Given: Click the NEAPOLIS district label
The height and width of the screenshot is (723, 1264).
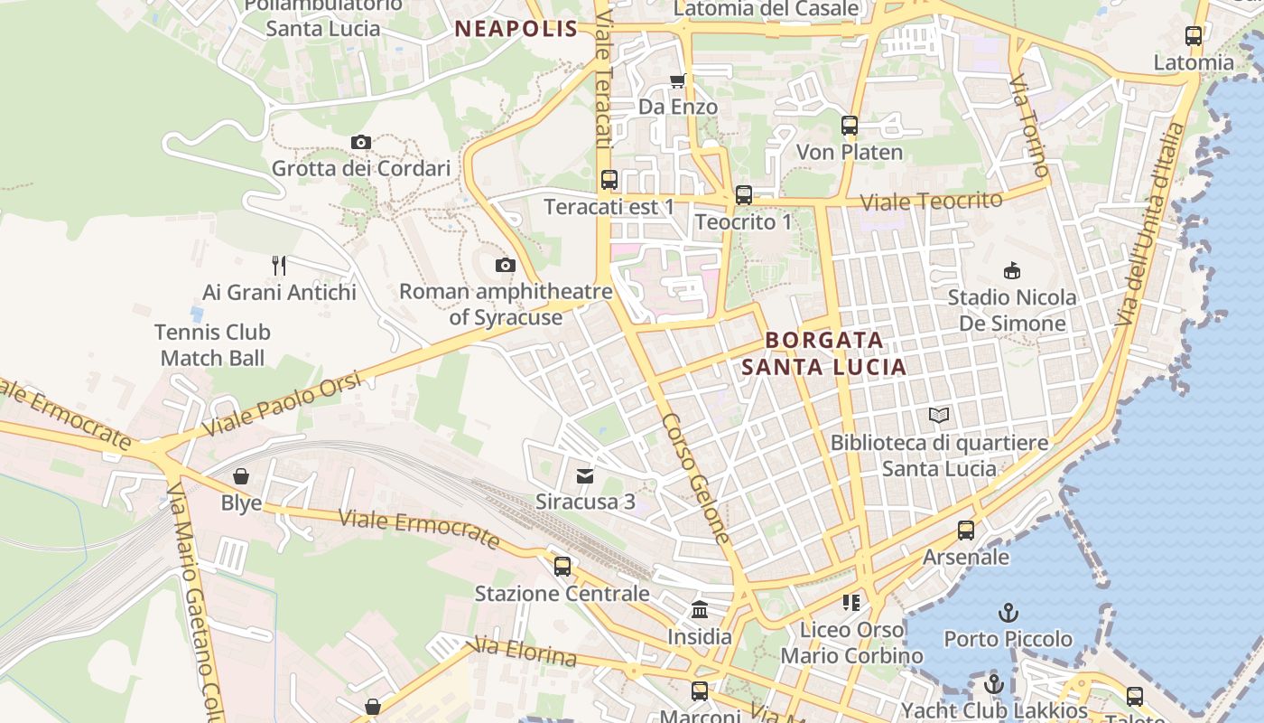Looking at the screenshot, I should click(516, 29).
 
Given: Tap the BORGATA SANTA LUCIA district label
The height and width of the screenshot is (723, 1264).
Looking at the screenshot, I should click(823, 353).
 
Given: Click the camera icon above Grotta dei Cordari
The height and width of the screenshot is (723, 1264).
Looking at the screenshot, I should click(360, 142).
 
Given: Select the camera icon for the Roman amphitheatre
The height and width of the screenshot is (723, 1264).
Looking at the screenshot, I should click(506, 265).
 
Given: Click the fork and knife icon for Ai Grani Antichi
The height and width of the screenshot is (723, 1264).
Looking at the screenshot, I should click(279, 265).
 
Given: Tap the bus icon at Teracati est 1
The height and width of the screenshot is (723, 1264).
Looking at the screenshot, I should click(609, 179).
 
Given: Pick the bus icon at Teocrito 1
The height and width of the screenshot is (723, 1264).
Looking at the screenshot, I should click(743, 194).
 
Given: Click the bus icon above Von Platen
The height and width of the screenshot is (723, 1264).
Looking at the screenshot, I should click(849, 125).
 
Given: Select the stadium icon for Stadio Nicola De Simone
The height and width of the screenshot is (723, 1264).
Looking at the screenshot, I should click(1012, 270).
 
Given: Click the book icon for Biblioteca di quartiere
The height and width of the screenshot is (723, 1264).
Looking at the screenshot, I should click(939, 415).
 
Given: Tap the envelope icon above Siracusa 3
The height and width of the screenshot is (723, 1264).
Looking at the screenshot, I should click(585, 475).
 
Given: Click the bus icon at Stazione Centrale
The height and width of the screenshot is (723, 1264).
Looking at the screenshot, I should click(562, 567).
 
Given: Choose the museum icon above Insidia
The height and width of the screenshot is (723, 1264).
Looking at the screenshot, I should click(700, 610).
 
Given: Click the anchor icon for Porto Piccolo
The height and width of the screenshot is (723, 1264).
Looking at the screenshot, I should click(1008, 613).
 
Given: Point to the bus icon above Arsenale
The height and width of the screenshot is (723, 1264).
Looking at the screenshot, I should click(965, 530).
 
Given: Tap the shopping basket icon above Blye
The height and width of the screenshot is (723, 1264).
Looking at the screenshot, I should click(241, 475).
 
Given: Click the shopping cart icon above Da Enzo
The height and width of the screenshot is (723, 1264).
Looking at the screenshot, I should click(677, 80).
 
